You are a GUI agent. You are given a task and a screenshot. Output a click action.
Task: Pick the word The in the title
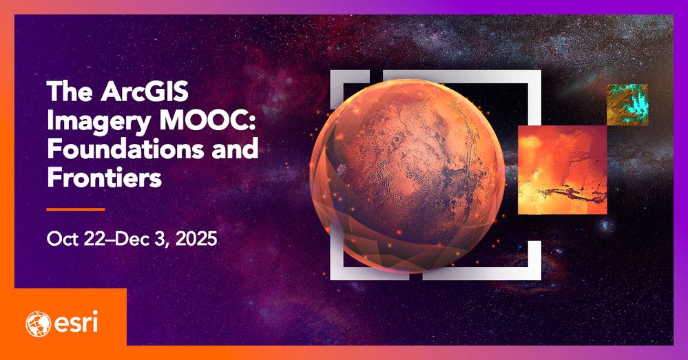(65, 92)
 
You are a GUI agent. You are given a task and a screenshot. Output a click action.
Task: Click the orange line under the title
(76, 209)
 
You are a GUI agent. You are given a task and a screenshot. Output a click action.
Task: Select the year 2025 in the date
(196, 240)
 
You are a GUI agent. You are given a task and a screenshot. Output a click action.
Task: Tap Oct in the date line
(60, 240)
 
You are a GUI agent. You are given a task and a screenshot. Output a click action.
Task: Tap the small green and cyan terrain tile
(627, 104)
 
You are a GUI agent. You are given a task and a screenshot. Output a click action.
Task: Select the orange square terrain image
(562, 169)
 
